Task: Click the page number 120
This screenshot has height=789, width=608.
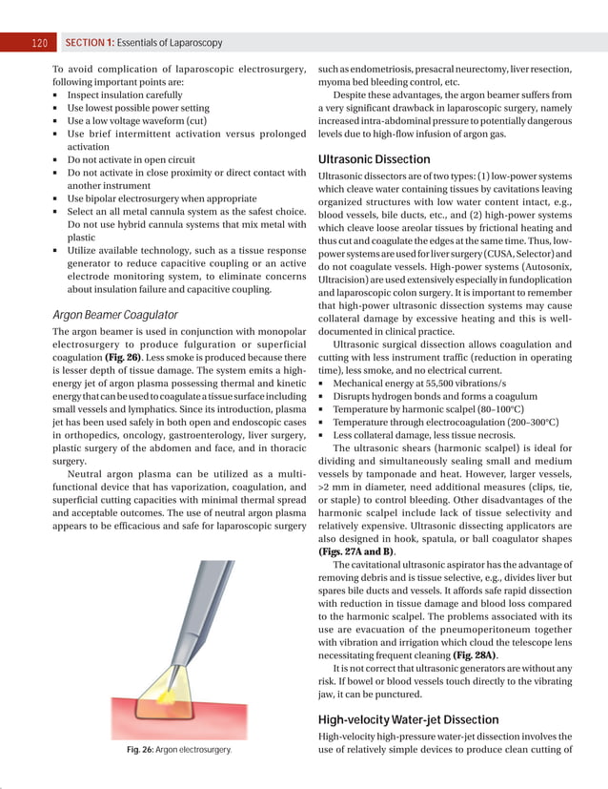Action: tap(39, 43)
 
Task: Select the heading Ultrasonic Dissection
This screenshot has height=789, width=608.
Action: tap(376, 157)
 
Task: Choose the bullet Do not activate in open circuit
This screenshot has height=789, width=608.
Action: tap(131, 161)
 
